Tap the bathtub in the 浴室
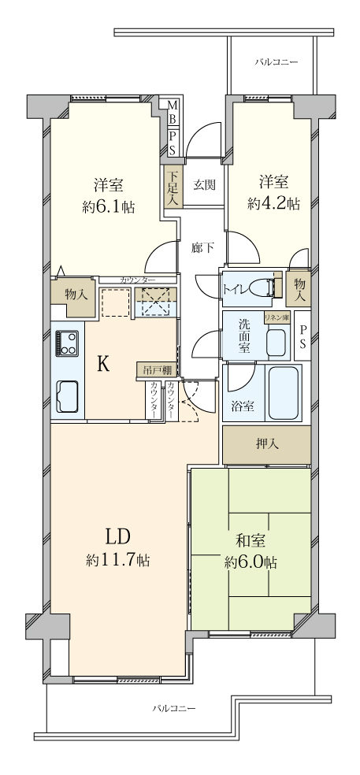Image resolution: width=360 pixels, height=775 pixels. tap(284, 392)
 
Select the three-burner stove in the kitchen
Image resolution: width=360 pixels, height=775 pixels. tap(67, 343)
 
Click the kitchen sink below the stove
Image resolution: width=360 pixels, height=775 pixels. tap(67, 396)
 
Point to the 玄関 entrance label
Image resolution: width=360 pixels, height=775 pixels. tap(204, 185)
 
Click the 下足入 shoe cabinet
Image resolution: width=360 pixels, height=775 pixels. tap(173, 187)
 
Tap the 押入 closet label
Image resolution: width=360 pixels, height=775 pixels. tap(267, 444)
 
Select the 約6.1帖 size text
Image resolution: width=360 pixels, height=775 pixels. tap(109, 206)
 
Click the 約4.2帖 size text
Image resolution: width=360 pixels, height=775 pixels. tap(274, 203)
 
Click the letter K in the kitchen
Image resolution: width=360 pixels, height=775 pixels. tap(103, 365)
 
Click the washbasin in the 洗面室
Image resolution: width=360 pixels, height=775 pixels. tap(278, 343)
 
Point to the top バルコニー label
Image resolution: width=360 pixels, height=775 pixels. tap(276, 62)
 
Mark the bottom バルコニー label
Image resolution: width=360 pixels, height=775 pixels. tap(173, 708)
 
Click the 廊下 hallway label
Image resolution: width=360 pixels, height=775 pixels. tap(202, 247)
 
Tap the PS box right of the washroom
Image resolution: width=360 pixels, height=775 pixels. tap(302, 336)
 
